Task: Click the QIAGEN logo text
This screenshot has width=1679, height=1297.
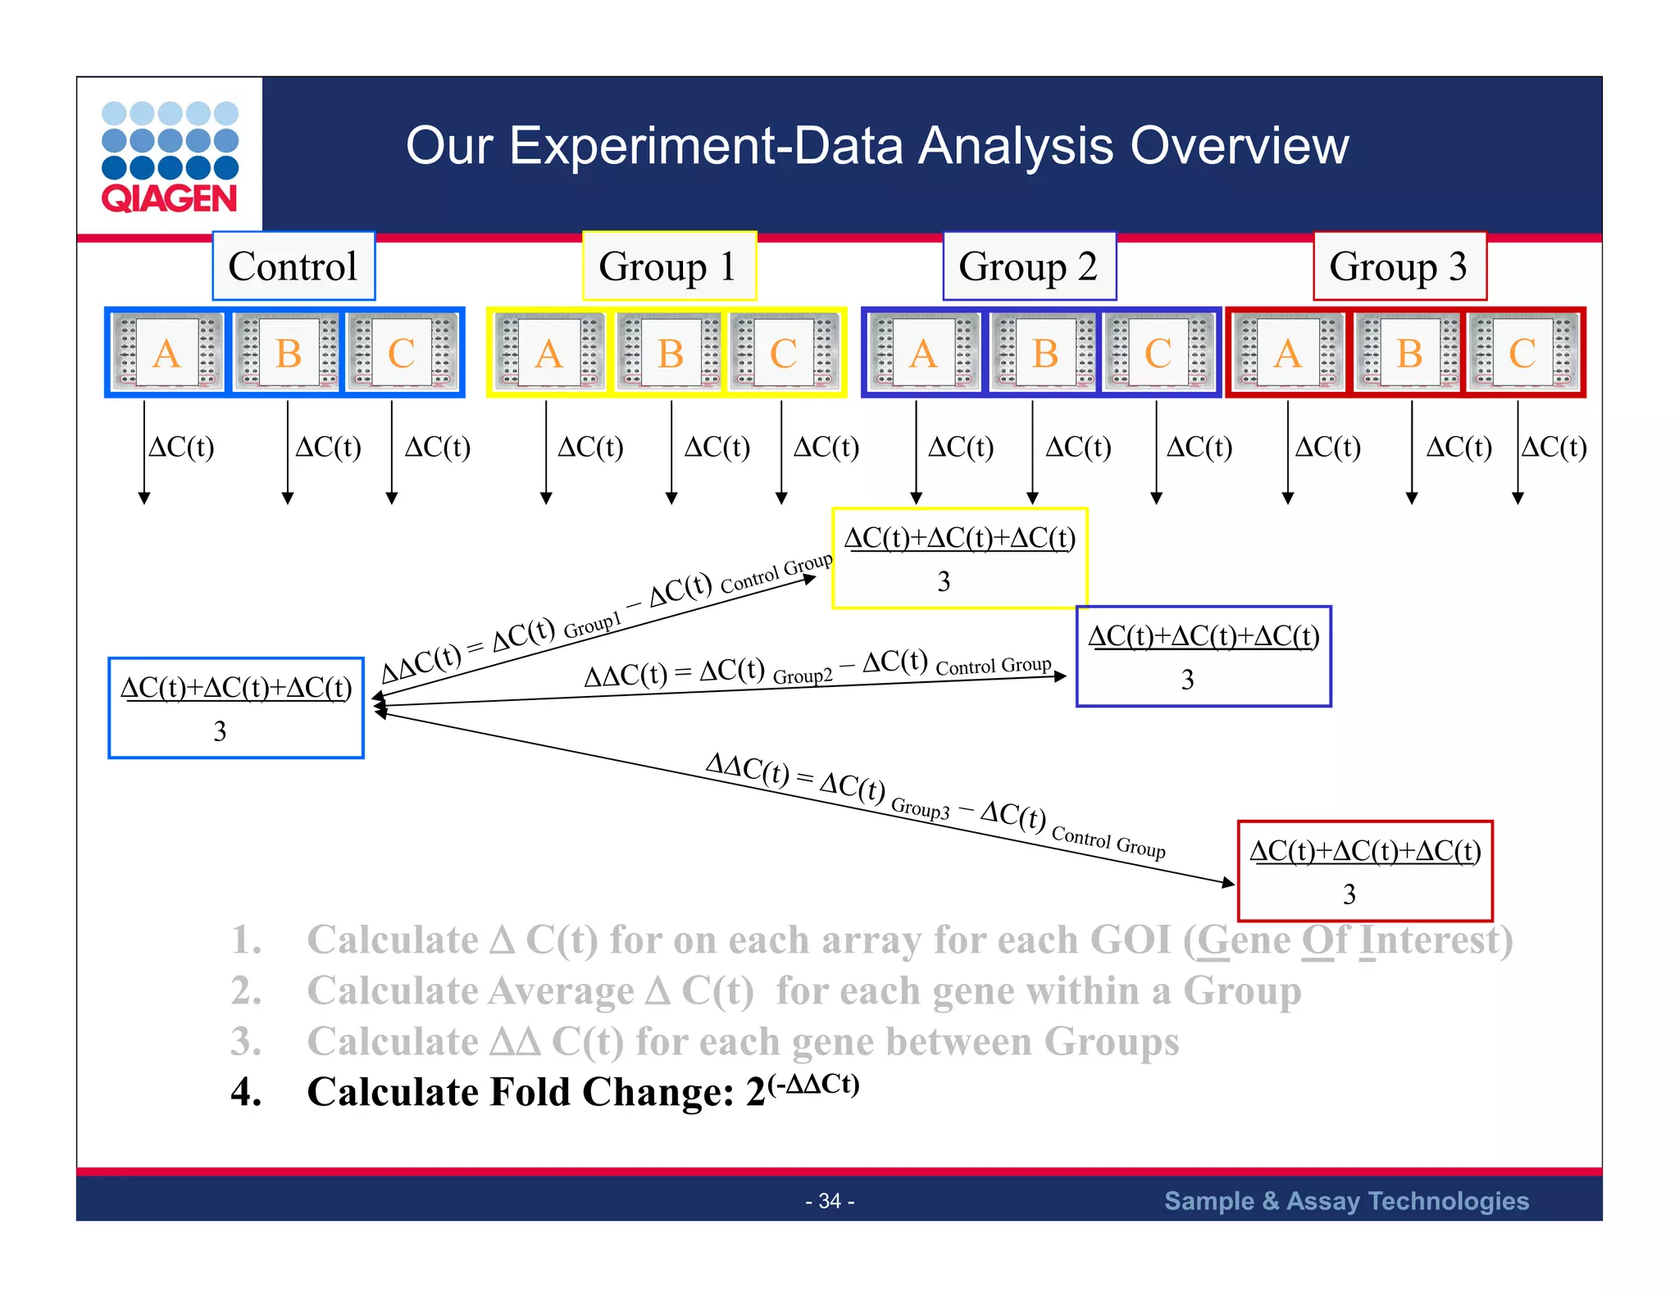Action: (169, 198)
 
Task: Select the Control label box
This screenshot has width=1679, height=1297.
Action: (293, 266)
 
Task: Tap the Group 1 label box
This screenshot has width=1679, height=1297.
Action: (669, 266)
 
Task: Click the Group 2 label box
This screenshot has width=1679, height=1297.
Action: (1029, 266)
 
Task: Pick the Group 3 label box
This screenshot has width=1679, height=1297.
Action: (1399, 266)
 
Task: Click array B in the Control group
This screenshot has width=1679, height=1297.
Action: (288, 353)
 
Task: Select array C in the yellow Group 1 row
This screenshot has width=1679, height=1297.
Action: (784, 353)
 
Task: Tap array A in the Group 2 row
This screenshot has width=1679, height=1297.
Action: (924, 353)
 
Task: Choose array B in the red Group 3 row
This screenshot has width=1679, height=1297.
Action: (1409, 353)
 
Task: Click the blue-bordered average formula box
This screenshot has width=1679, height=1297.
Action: (236, 708)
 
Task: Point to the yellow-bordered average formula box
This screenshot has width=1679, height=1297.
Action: (959, 558)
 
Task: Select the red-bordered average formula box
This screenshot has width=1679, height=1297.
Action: (1365, 871)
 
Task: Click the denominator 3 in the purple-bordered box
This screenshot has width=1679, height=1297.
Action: (1187, 680)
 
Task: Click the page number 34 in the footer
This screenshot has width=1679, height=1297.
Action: (830, 1201)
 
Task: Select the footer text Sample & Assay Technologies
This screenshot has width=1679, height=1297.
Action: (1346, 1201)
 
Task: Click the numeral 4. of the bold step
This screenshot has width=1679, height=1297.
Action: (246, 1093)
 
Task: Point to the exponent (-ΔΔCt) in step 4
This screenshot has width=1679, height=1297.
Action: (812, 1084)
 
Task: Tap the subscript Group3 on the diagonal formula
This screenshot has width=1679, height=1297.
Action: (920, 808)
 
